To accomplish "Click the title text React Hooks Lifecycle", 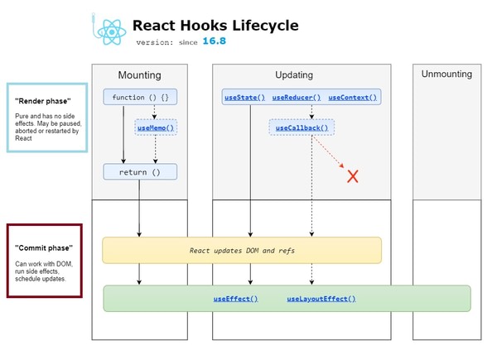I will pyautogui.click(x=215, y=26).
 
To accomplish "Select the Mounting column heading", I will pyautogui.click(x=140, y=74).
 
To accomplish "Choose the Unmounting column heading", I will pyautogui.click(x=446, y=74).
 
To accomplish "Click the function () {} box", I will pyautogui.click(x=140, y=98).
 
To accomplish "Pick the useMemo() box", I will pyautogui.click(x=156, y=127).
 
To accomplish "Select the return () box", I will pyautogui.click(x=140, y=172).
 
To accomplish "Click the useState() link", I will pyautogui.click(x=244, y=98).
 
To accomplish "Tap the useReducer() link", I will pyautogui.click(x=297, y=98).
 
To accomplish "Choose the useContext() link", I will pyautogui.click(x=353, y=98).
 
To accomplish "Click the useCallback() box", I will pyautogui.click(x=302, y=127).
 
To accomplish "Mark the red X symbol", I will pyautogui.click(x=352, y=175).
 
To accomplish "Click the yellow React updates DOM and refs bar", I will pyautogui.click(x=241, y=250).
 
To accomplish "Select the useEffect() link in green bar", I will pyautogui.click(x=235, y=298).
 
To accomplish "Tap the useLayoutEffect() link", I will pyautogui.click(x=321, y=298).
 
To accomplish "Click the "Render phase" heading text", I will pyautogui.click(x=36, y=100).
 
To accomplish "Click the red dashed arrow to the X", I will pyautogui.click(x=330, y=156).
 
